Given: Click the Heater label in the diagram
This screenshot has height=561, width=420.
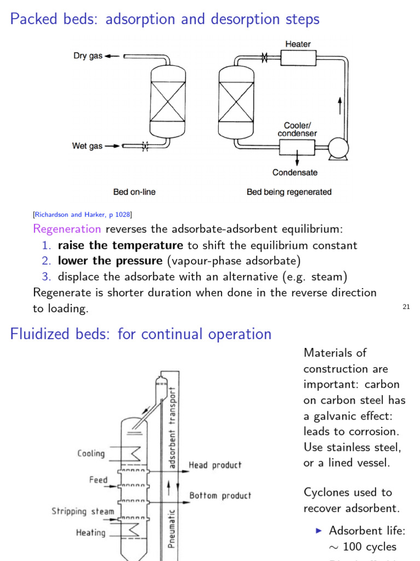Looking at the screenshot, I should click(x=297, y=44).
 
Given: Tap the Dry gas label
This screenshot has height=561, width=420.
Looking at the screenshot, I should click(x=88, y=56).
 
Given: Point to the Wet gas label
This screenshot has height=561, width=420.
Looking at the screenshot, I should click(x=87, y=146).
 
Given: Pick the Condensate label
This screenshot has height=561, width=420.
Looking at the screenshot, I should click(x=295, y=173).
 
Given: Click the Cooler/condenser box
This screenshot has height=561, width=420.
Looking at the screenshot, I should click(x=297, y=147).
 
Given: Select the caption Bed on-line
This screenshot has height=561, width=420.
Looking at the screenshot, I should click(x=134, y=192).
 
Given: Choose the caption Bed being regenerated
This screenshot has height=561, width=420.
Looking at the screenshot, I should click(x=289, y=192).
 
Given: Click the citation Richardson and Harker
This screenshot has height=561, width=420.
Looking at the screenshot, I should click(x=82, y=214).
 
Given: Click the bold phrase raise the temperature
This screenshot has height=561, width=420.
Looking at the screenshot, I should click(x=120, y=245).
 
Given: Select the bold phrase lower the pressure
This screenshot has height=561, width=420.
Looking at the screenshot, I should click(x=110, y=260).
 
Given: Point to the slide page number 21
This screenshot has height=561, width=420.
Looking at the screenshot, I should click(x=406, y=307).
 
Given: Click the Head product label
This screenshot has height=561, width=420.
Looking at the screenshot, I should click(x=215, y=465).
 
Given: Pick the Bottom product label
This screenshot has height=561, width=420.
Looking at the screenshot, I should click(x=220, y=495).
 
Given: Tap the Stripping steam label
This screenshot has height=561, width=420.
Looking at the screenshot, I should click(x=83, y=511).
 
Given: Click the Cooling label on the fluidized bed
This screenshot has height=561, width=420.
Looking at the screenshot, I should click(x=91, y=453).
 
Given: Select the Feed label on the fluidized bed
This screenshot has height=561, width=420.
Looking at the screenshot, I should click(x=98, y=480).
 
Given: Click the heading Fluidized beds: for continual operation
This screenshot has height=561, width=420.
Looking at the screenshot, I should click(x=141, y=334).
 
